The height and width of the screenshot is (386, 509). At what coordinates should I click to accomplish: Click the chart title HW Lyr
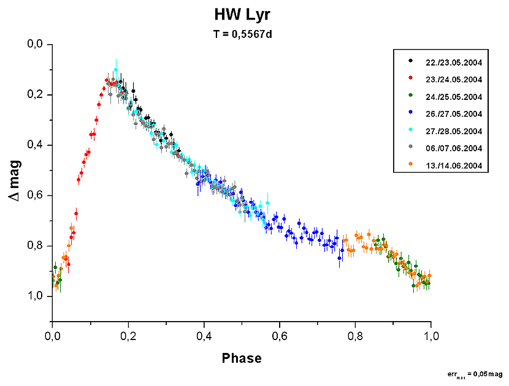click(242, 15)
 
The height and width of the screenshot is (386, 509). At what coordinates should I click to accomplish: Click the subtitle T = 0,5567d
click(242, 34)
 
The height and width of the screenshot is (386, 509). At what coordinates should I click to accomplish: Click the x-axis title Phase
click(242, 358)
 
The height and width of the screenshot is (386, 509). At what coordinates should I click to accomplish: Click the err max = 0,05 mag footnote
click(475, 373)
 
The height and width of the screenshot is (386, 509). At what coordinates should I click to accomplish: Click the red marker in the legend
click(410, 79)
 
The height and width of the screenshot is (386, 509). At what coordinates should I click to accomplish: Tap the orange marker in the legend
click(410, 165)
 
